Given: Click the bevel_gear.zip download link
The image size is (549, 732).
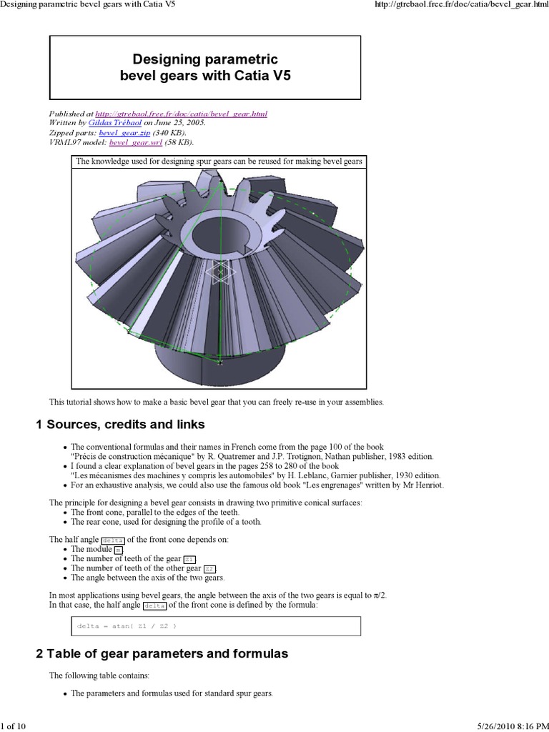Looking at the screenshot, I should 122,133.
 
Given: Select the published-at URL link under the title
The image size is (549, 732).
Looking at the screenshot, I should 181,114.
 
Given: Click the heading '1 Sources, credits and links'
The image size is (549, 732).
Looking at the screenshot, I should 120,425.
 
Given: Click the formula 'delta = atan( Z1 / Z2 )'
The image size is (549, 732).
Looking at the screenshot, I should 125,626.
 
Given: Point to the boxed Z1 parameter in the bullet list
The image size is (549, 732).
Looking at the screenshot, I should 189,558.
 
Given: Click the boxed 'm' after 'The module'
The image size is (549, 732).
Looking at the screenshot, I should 119,549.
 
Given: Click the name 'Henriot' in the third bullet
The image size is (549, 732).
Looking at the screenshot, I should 427,485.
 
